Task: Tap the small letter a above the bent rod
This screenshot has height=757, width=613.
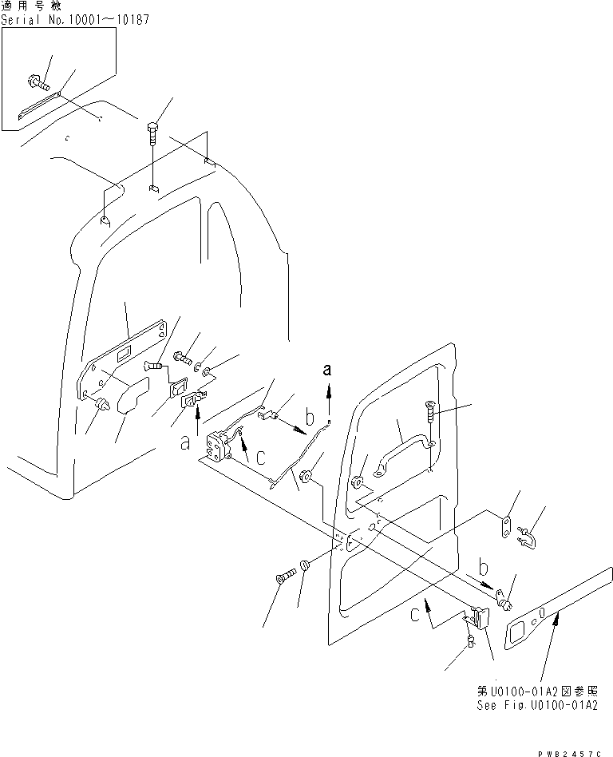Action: pos(327,369)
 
